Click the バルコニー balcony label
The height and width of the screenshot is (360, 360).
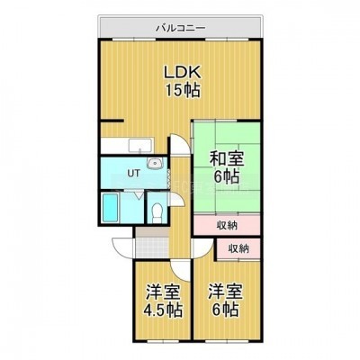[x=181, y=28]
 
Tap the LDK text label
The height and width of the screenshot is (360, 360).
[x=182, y=72]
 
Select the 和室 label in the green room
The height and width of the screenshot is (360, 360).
[x=227, y=159]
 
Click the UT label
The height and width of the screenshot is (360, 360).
[x=133, y=174]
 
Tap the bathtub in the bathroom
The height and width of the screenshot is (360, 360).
[x=110, y=208]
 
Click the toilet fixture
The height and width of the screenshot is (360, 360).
[x=157, y=212]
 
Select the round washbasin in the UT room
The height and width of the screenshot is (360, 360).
[x=155, y=163]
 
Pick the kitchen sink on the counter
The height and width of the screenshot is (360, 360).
[x=140, y=145]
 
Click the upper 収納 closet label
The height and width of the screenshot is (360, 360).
[x=227, y=225]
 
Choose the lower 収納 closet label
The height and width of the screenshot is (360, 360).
[x=238, y=248]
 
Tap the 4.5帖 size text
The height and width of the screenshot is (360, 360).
[x=163, y=310]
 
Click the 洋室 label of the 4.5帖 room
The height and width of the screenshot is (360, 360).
[x=163, y=292]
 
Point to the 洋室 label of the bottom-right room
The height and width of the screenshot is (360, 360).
[x=226, y=291]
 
